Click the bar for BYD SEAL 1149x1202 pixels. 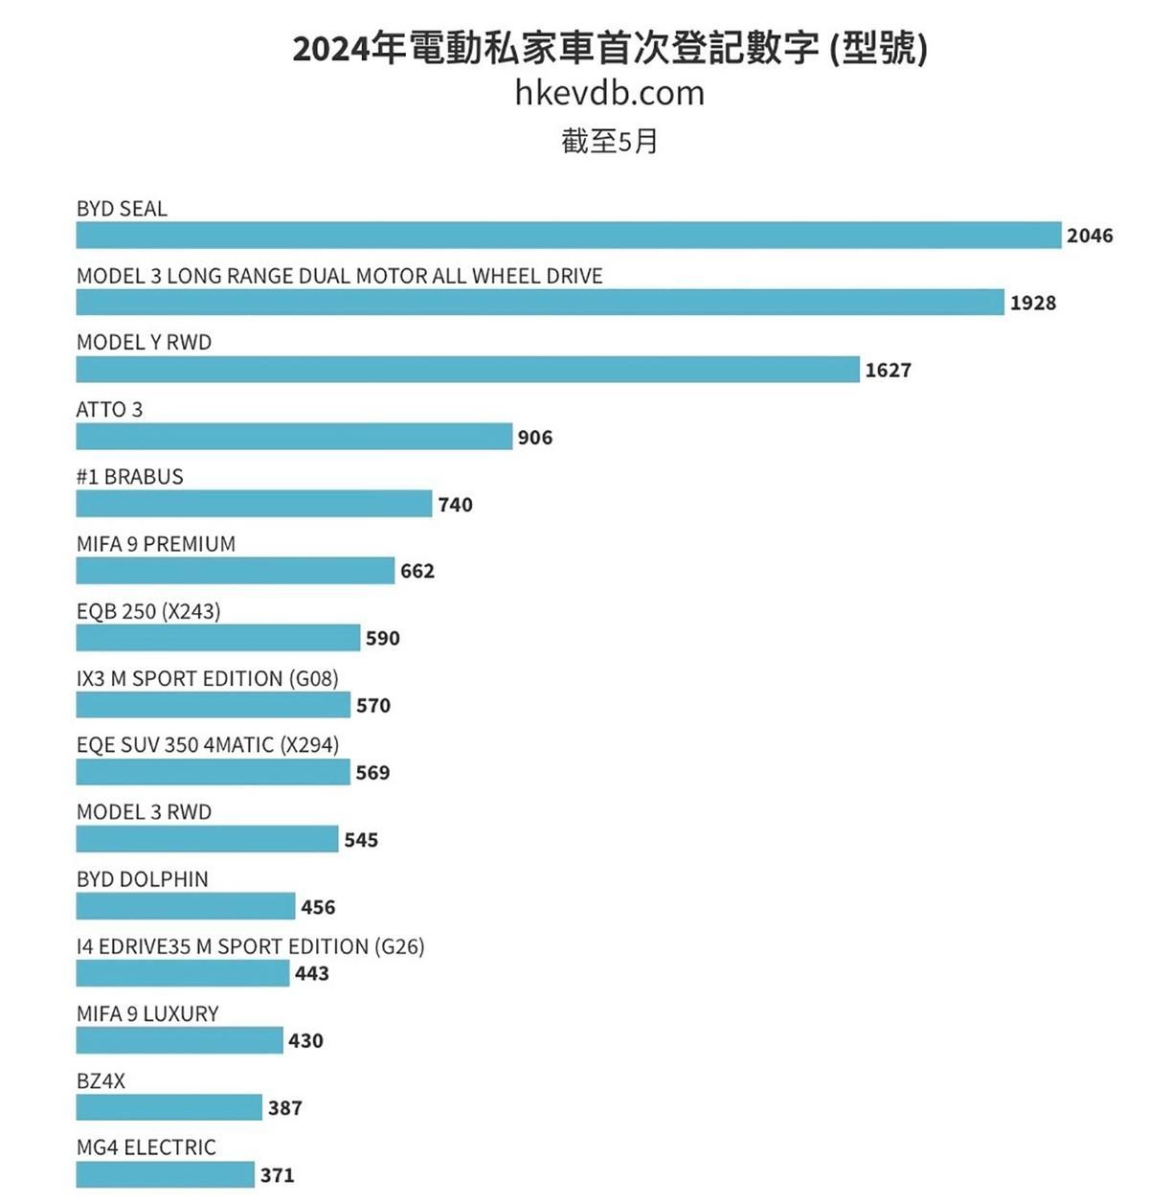coord(569,235)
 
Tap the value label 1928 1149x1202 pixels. coord(1032,303)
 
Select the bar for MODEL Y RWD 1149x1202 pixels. coord(467,370)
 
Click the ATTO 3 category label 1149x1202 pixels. coord(109,410)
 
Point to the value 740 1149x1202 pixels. coord(455,505)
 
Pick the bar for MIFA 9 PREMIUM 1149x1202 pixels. coord(235,571)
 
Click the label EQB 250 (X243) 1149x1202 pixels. coord(148,611)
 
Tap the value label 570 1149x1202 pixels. coord(372,706)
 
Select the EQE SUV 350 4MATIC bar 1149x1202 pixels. coord(213,772)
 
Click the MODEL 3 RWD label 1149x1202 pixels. coord(144,812)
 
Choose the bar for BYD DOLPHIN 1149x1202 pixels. coord(185,906)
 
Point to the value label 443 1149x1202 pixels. coord(311,973)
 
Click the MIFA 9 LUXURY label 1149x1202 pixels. coord(147,1013)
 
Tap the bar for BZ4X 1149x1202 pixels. coord(169,1107)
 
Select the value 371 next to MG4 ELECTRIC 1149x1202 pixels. coord(277,1175)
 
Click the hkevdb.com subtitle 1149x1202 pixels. coord(609,93)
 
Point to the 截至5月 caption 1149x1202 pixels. coord(609,142)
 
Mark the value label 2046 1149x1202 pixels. coord(1090,236)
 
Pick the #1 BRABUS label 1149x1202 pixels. coord(129,477)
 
